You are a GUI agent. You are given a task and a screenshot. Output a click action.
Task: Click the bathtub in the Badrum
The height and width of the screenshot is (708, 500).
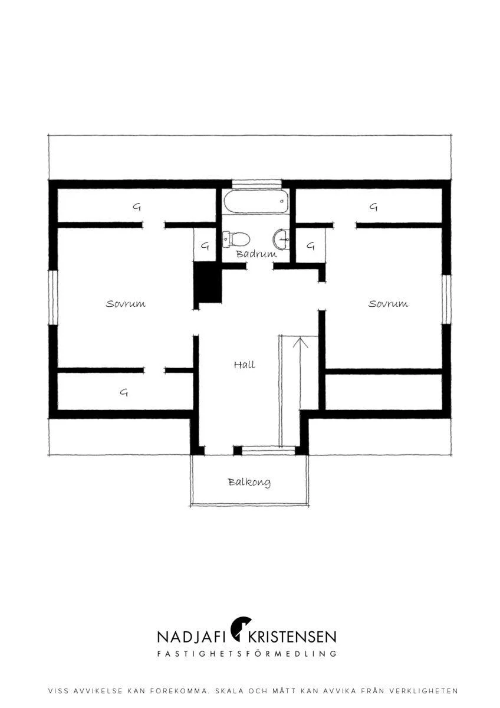click(256, 201)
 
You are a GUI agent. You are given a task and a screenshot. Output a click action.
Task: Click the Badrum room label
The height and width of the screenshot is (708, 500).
click(256, 254)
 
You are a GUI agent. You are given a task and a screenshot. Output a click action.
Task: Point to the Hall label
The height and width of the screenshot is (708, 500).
click(244, 365)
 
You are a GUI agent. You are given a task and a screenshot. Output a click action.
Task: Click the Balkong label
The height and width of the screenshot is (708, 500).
click(249, 483)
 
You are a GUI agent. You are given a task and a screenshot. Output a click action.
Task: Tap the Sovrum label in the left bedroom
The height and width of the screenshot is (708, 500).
click(126, 304)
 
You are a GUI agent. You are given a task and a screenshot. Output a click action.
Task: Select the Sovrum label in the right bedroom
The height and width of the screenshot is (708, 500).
click(388, 304)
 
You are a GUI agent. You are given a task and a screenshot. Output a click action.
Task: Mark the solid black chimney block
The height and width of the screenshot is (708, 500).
click(208, 282)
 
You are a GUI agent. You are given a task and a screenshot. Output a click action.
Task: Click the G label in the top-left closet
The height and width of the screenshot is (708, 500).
click(136, 207)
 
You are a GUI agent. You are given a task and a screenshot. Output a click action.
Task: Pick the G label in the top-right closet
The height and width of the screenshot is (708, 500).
click(373, 207)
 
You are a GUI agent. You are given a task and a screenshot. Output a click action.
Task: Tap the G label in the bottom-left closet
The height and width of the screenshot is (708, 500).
click(124, 392)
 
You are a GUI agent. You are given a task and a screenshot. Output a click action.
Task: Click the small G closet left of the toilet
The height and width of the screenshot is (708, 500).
click(205, 245)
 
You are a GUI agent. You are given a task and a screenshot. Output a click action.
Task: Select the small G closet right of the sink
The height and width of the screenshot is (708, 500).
click(311, 245)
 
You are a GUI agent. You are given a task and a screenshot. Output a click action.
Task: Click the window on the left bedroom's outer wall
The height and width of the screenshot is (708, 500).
click(53, 297)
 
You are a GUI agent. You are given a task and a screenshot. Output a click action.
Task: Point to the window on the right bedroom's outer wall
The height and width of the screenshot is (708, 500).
click(446, 299)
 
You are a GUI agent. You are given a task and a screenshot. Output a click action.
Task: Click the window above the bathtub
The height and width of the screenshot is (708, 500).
click(256, 183)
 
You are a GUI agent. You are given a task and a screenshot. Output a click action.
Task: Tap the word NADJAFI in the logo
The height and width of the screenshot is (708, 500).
click(192, 637)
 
